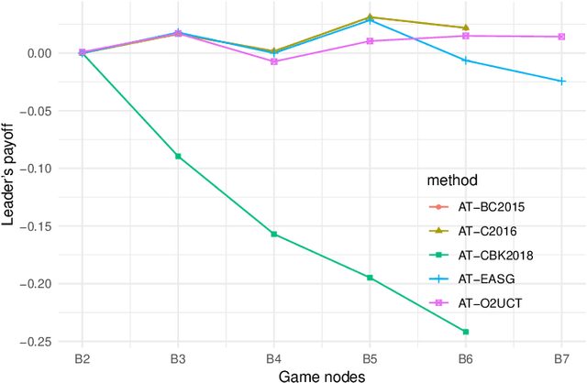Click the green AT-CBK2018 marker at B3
coord(178,157)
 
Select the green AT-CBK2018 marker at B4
coord(273,235)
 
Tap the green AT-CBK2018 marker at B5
coord(370,278)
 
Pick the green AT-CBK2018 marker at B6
coord(465,332)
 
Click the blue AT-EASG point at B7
coord(561,82)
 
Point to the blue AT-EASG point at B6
coord(465,60)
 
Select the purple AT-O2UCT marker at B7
coord(561,37)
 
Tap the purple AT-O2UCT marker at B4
coord(273,61)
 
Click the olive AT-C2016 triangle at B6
coord(465,27)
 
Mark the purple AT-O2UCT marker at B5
coord(370,41)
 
